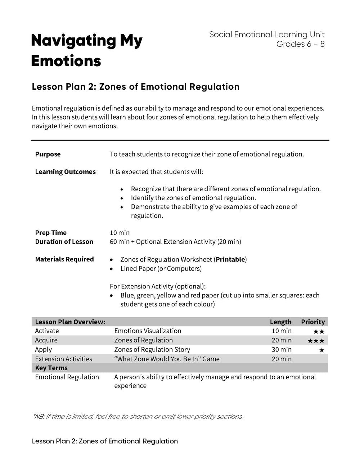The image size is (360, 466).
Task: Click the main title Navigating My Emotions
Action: (x=86, y=50)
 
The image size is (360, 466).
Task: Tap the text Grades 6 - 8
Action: (x=300, y=44)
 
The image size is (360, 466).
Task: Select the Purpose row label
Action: (x=48, y=154)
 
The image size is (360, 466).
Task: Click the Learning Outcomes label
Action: (x=65, y=172)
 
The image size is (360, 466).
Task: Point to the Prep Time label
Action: (x=51, y=233)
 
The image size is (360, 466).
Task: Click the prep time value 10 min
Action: (x=120, y=233)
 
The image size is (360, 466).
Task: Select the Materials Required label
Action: (x=64, y=259)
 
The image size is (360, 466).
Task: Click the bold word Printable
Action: (x=230, y=259)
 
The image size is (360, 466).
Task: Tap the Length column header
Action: (x=280, y=322)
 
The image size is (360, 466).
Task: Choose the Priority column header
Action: (x=313, y=322)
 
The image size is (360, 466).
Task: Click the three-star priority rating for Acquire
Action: (x=316, y=341)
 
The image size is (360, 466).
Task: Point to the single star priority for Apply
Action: (x=321, y=350)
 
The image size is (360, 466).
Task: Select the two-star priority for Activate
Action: (x=319, y=331)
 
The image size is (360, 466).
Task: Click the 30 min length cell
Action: (x=282, y=350)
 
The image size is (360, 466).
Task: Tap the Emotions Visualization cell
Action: (x=148, y=331)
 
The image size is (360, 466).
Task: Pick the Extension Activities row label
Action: (x=63, y=359)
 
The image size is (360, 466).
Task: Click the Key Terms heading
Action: (x=51, y=368)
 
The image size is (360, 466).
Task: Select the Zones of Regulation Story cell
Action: (x=152, y=350)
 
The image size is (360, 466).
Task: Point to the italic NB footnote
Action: (x=138, y=417)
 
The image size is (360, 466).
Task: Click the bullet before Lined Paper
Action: (x=113, y=269)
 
